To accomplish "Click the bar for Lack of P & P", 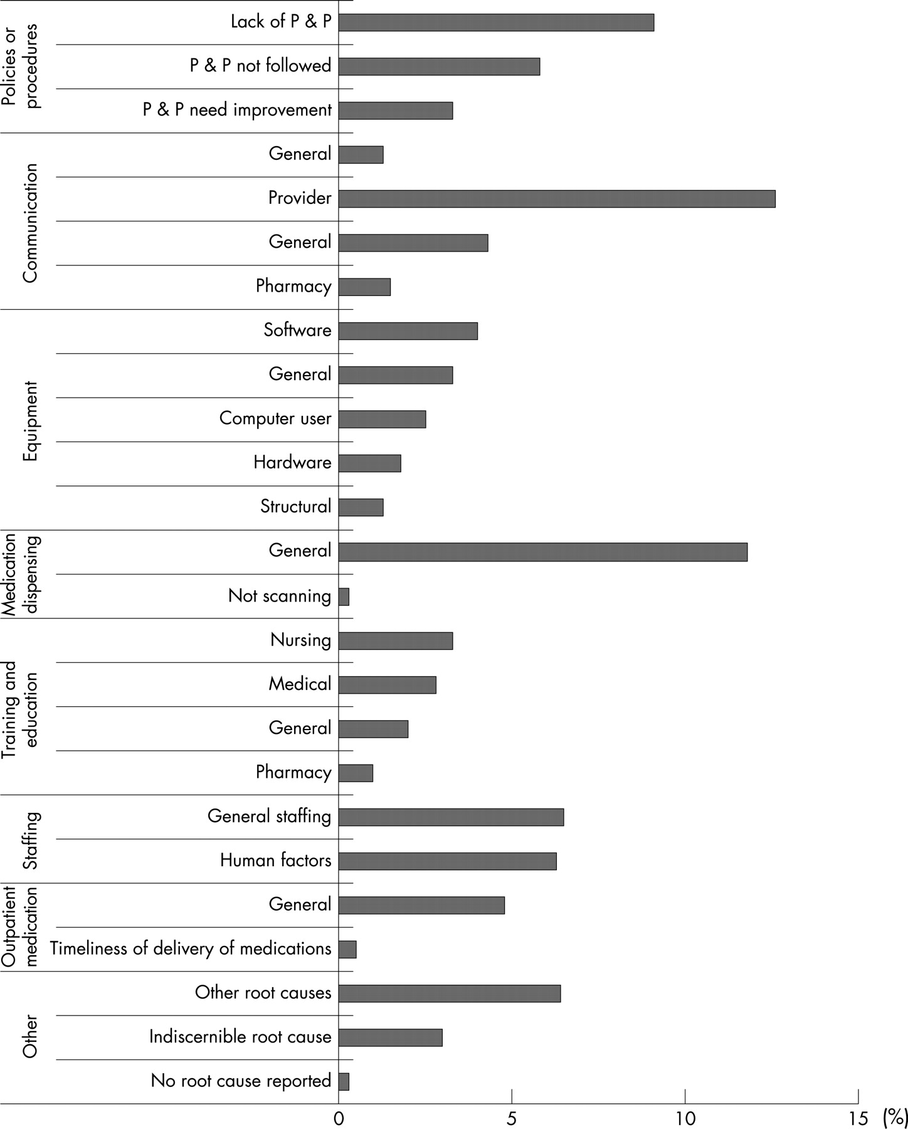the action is point(496,22).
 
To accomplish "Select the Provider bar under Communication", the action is point(557,198).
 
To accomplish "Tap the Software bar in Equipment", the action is point(408,331).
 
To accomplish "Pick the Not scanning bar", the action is point(344,596).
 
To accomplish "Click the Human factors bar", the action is point(448,861).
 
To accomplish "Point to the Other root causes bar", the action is point(450,993).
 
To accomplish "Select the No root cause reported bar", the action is point(344,1081).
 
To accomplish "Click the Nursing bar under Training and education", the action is point(396,640).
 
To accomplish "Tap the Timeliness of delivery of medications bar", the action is point(347,949).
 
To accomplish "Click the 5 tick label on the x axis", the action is point(512,1118).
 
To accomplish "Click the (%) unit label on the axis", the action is point(895,1118).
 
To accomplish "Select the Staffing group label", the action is point(30,840).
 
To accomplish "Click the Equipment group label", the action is point(30,421).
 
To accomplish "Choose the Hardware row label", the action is point(292,463).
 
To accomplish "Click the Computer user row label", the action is point(275,419).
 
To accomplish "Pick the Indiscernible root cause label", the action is point(240,1037).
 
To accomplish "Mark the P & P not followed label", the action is point(261,66).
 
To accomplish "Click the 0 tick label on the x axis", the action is point(339,1118).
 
